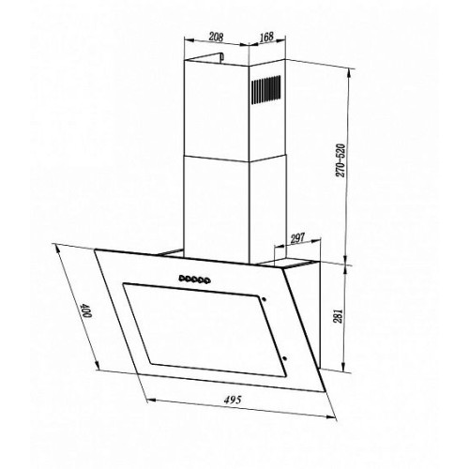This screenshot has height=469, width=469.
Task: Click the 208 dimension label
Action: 216,37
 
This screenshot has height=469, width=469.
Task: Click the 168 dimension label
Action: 266,37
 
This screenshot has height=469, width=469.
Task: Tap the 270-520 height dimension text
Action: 340,160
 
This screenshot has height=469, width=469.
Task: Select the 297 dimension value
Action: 297,238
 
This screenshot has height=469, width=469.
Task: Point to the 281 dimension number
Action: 340,316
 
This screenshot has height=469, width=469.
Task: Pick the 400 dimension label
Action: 85,310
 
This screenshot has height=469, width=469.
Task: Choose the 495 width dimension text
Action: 233,400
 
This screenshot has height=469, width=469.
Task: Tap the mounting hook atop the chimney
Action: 219,57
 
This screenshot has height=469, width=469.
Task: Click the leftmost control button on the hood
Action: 182,278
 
